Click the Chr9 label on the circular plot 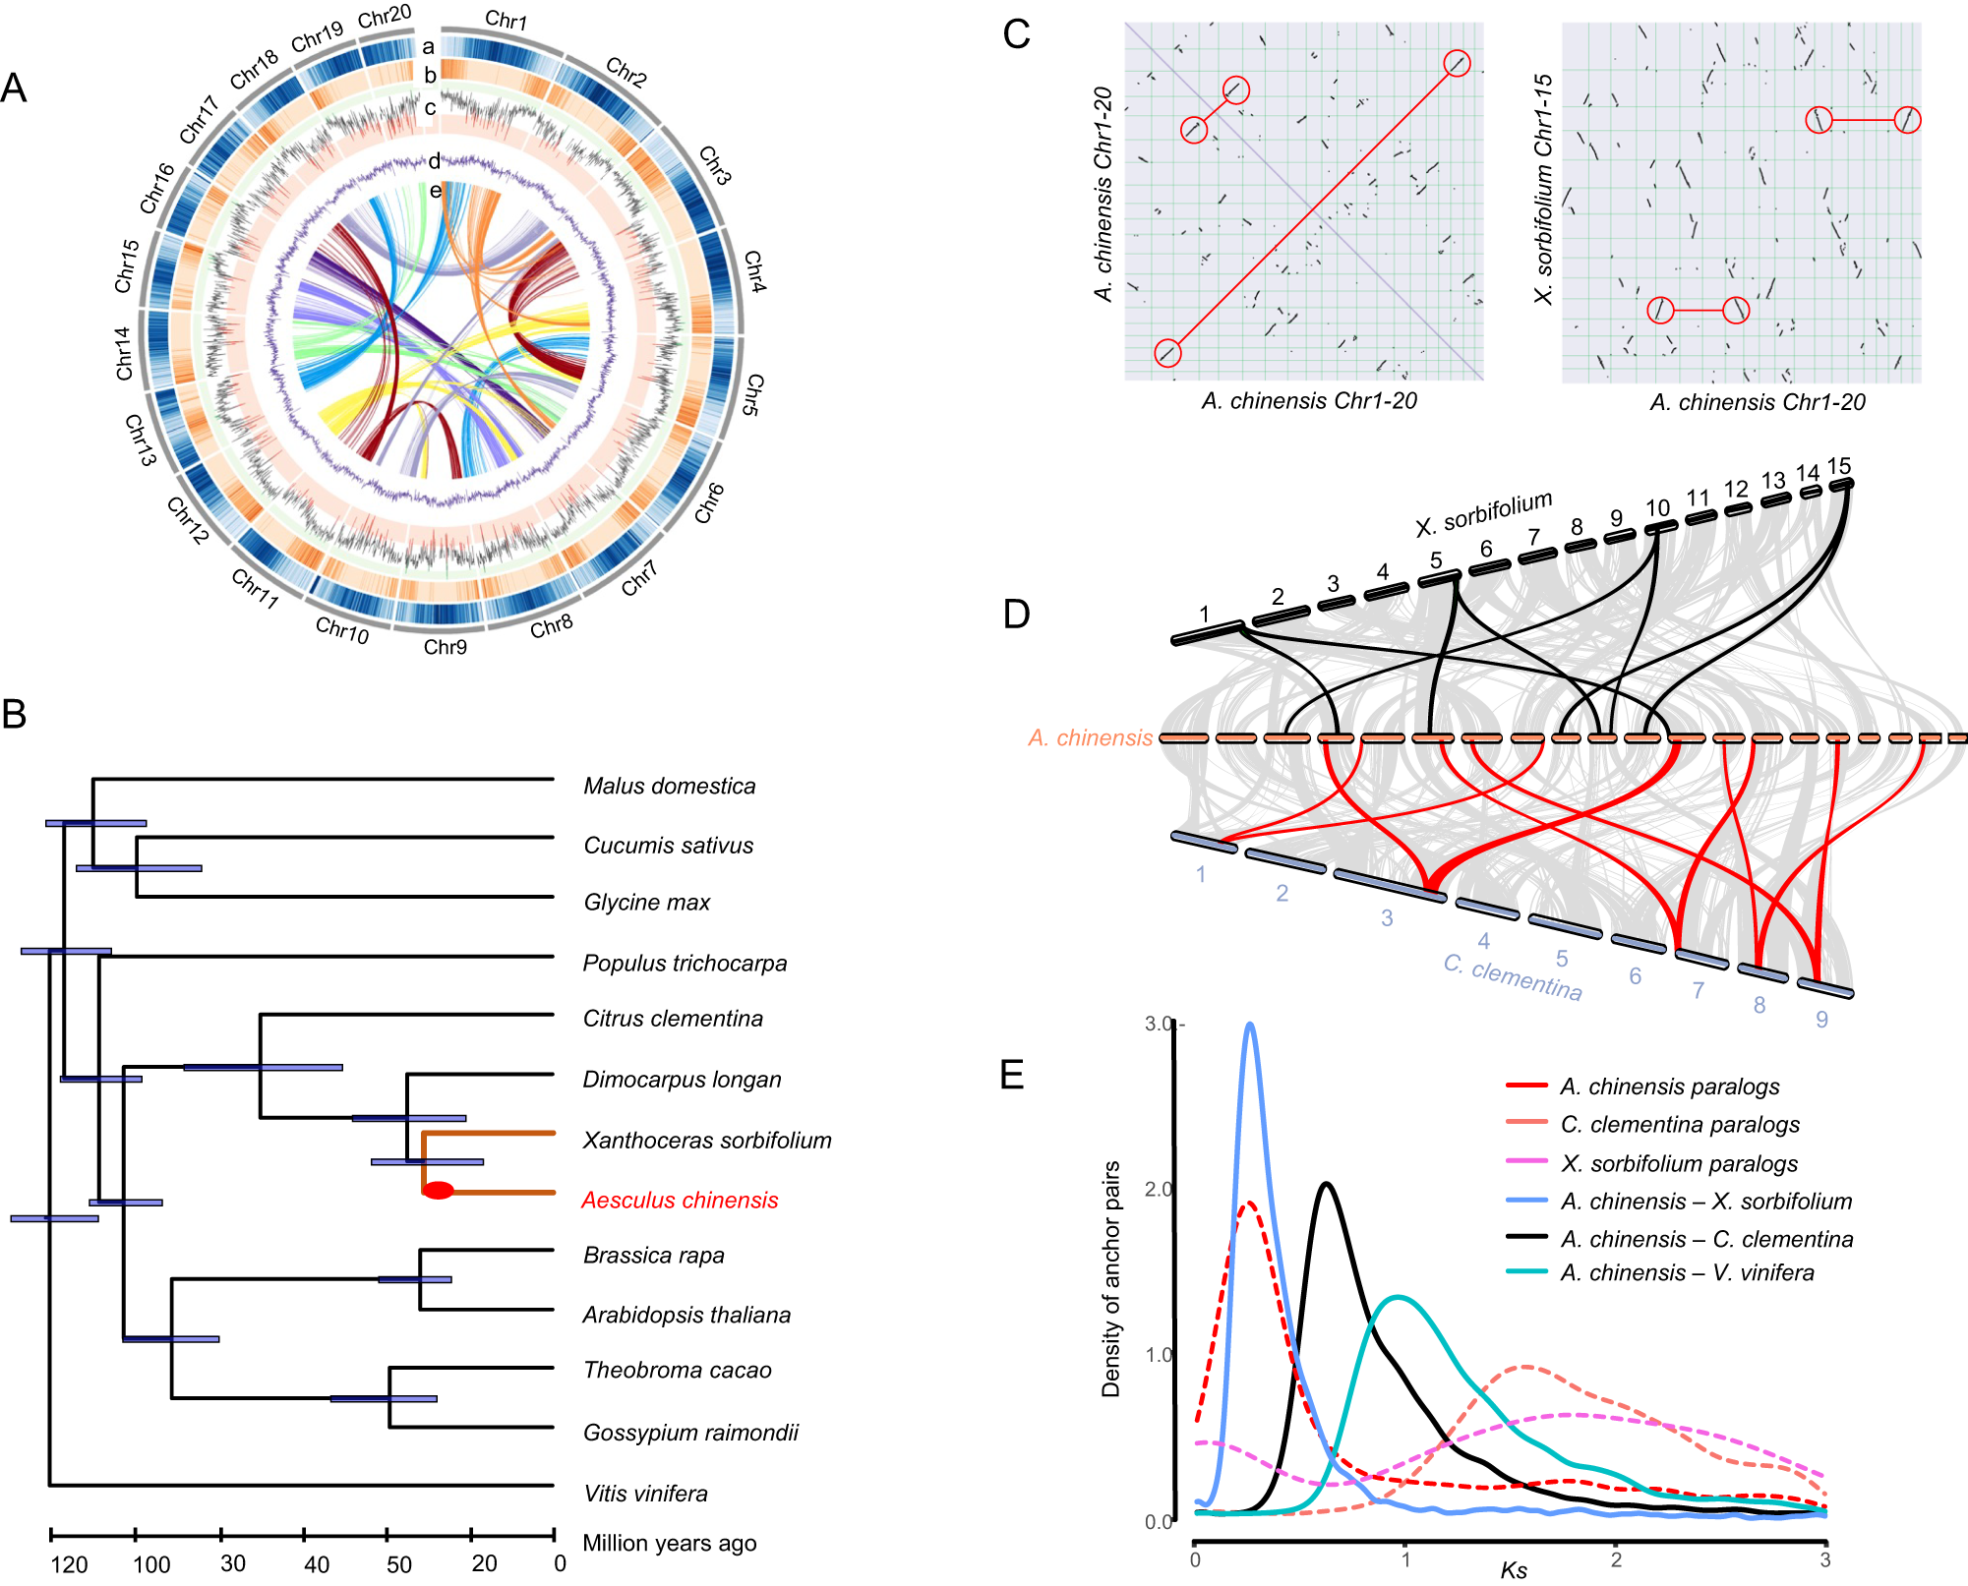(x=445, y=647)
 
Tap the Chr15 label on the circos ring (x=126, y=265)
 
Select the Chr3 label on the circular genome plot (x=715, y=165)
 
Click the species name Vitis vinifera (x=645, y=1494)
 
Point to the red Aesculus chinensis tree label (x=680, y=1200)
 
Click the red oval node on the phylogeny (x=438, y=1191)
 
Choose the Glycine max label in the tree (x=646, y=903)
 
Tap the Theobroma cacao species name (x=677, y=1370)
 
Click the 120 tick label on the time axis (x=69, y=1564)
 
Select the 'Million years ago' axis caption (x=669, y=1543)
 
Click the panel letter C (x=1016, y=34)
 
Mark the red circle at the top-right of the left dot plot (x=1457, y=64)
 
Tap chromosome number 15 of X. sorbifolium (x=1839, y=466)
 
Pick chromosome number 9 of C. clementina (x=1821, y=1020)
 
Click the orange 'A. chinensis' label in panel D (x=1090, y=737)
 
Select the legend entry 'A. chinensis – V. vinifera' (x=1687, y=1272)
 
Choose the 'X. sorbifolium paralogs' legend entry (x=1679, y=1163)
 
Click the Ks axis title (x=1513, y=1570)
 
